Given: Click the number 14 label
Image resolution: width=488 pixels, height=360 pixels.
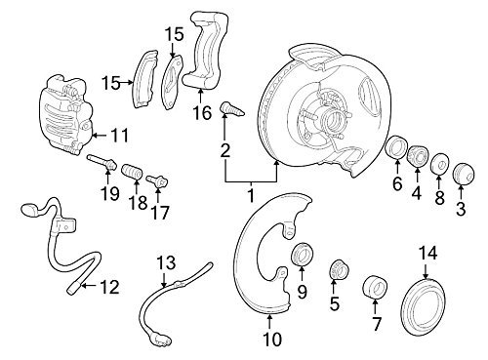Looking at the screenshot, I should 427,252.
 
